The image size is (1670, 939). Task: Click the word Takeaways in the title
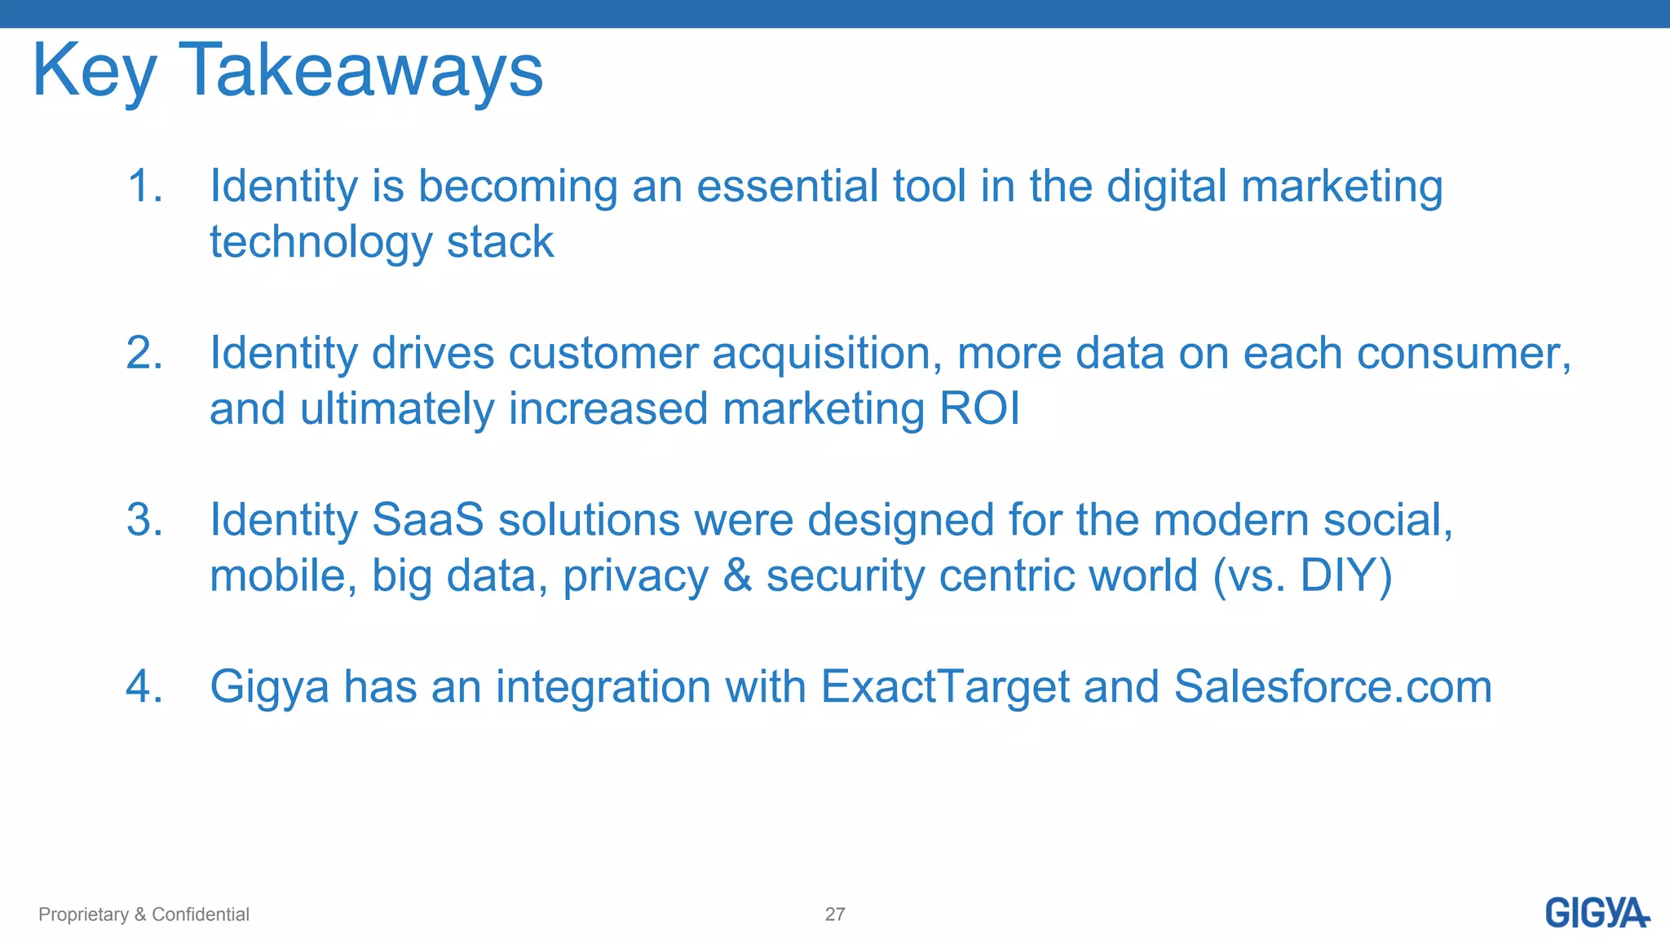pyautogui.click(x=360, y=72)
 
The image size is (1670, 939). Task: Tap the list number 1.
pyautogui.click(x=144, y=186)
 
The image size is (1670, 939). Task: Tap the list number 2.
pyautogui.click(x=144, y=353)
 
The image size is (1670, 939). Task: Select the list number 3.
pyautogui.click(x=144, y=520)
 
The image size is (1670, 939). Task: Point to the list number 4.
pyautogui.click(x=144, y=686)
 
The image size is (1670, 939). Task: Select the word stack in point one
pyautogui.click(x=500, y=242)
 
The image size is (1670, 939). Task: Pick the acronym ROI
pyautogui.click(x=979, y=408)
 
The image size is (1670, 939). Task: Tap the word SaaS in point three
pyautogui.click(x=427, y=520)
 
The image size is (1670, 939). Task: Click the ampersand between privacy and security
pyautogui.click(x=737, y=575)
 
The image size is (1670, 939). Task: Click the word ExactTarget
pyautogui.click(x=944, y=686)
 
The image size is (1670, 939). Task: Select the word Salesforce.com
pyautogui.click(x=1332, y=686)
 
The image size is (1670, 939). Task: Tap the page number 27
pyautogui.click(x=834, y=915)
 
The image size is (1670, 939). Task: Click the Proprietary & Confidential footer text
pyautogui.click(x=144, y=915)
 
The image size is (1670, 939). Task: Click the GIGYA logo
pyautogui.click(x=1596, y=913)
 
